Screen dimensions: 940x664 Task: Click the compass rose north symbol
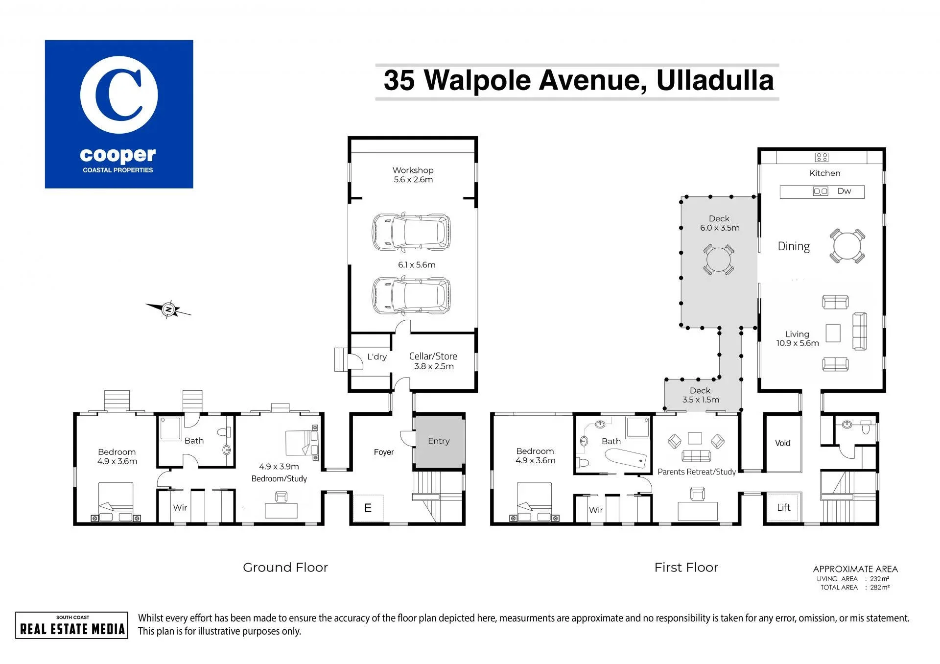click(x=168, y=309)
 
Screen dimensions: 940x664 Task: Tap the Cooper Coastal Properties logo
click(x=119, y=114)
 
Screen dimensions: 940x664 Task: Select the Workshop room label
click(x=413, y=170)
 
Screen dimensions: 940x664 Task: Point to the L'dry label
click(x=377, y=356)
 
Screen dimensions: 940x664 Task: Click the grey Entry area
click(x=439, y=441)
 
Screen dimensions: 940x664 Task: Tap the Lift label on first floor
click(x=784, y=508)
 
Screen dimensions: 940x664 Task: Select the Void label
click(x=782, y=443)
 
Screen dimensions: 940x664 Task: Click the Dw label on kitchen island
click(x=844, y=191)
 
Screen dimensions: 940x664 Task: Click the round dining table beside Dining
click(x=847, y=246)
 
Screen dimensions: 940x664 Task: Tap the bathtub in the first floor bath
click(x=626, y=459)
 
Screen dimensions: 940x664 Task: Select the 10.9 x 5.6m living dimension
click(x=798, y=343)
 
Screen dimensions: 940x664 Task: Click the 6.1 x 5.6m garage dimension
click(x=417, y=265)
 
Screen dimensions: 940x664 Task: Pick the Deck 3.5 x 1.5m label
click(x=701, y=395)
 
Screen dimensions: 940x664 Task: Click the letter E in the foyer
click(x=368, y=508)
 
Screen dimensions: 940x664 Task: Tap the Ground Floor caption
click(x=285, y=568)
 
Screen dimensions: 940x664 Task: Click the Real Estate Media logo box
click(x=71, y=625)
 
